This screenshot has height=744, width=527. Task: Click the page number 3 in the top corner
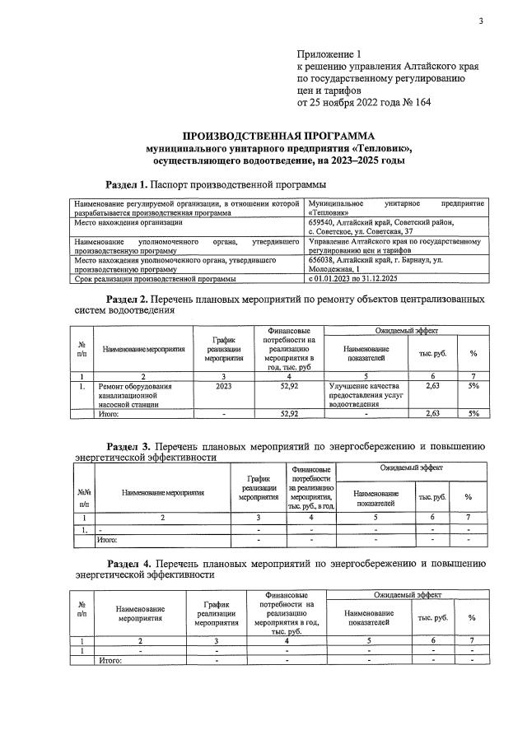pyautogui.click(x=480, y=21)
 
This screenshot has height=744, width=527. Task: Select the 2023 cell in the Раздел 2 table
pyautogui.click(x=222, y=385)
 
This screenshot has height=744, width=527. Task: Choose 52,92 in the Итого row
pyautogui.click(x=288, y=414)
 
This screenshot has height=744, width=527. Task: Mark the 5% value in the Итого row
pyautogui.click(x=473, y=414)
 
